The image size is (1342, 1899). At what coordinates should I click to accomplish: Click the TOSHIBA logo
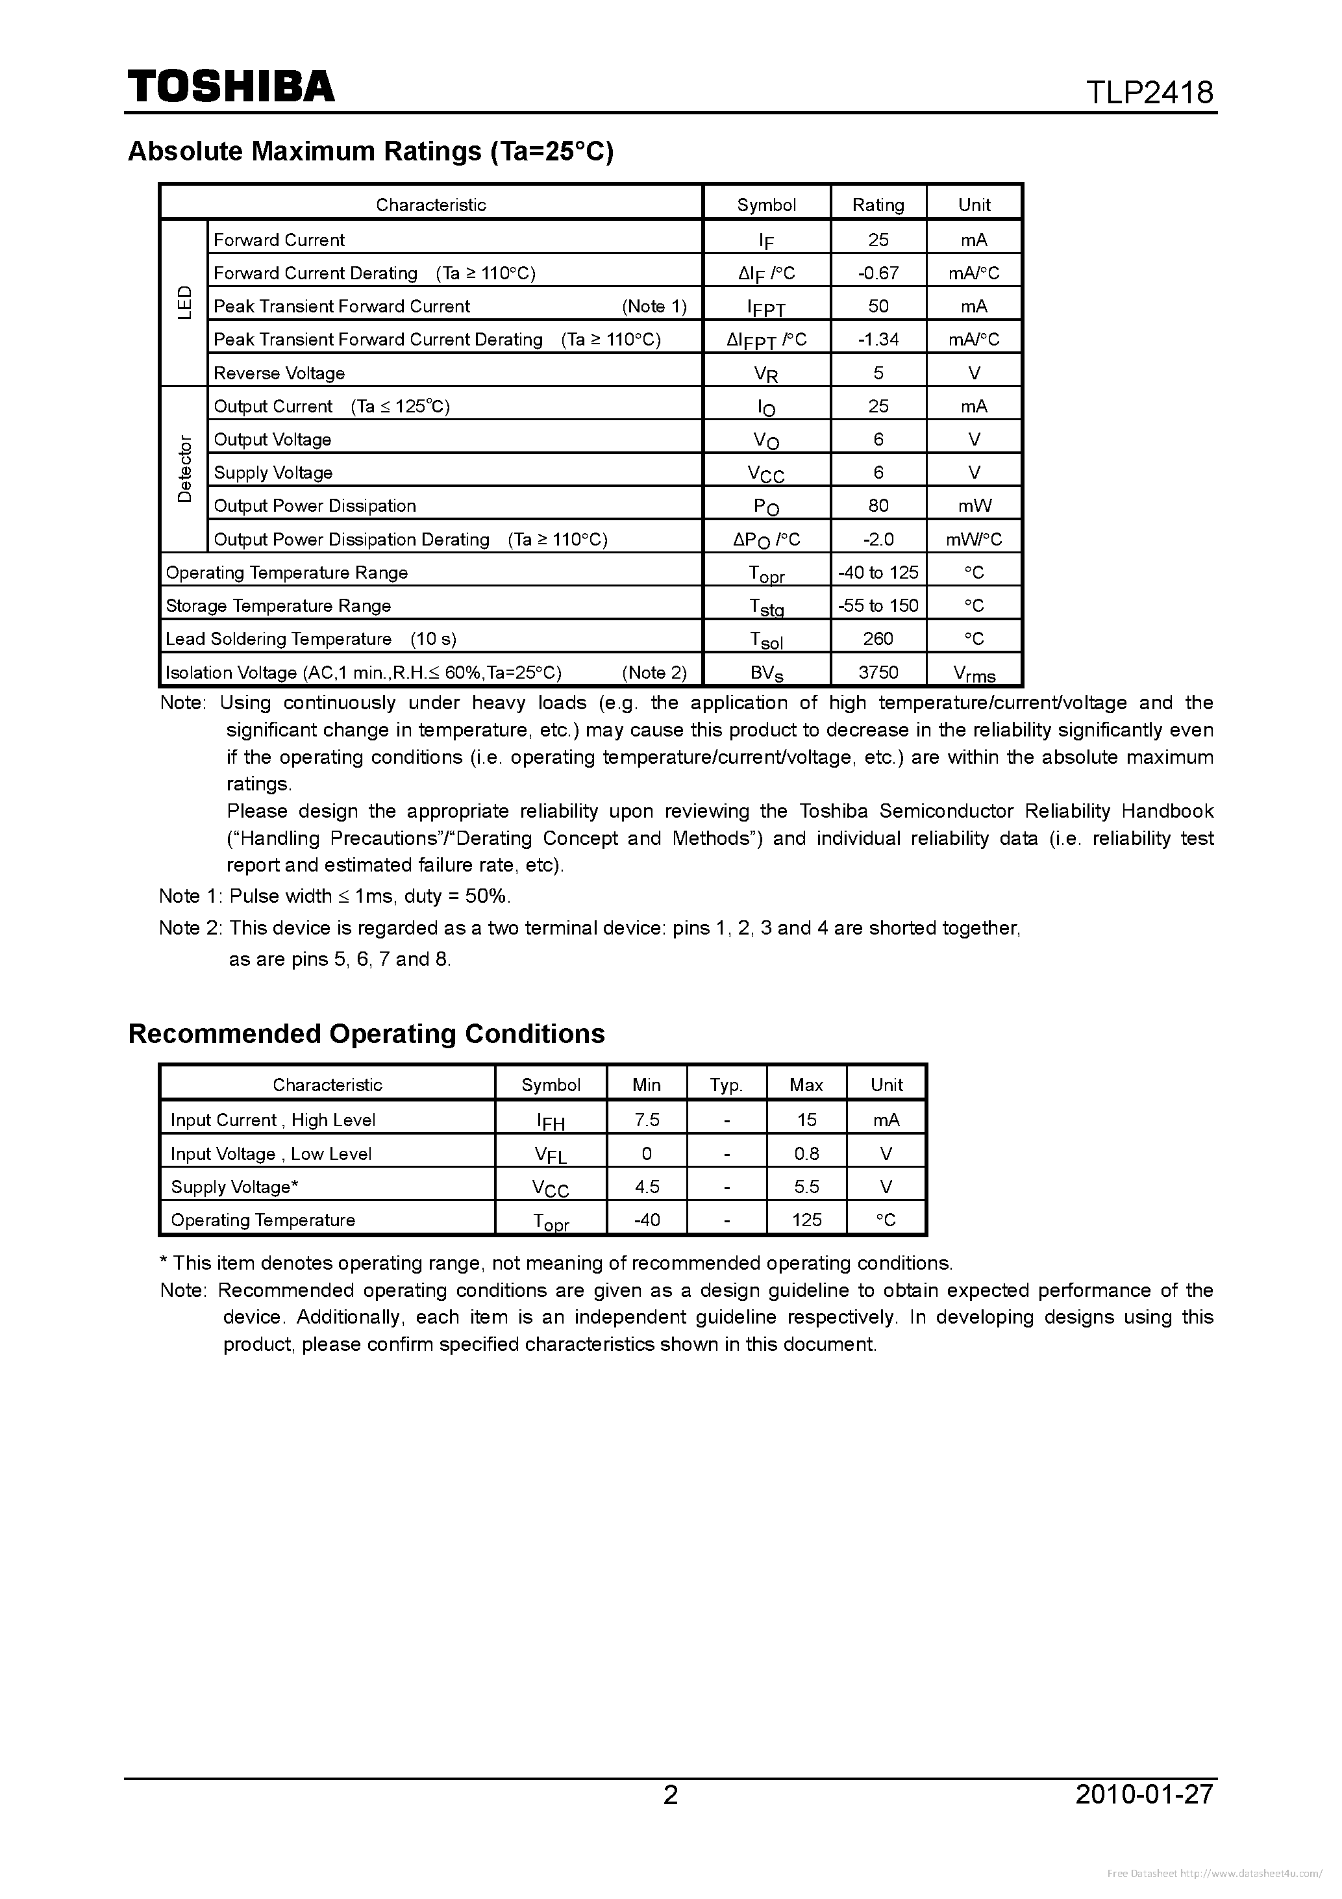click(230, 86)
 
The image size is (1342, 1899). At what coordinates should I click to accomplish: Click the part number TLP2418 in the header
click(1149, 92)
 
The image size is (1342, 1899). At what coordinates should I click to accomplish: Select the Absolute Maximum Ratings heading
click(371, 151)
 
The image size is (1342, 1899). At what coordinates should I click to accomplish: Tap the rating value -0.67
click(878, 273)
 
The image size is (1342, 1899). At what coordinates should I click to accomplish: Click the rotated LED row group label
click(184, 303)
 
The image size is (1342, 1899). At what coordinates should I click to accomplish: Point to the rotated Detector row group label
click(184, 469)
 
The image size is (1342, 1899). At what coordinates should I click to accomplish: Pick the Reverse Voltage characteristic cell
click(279, 373)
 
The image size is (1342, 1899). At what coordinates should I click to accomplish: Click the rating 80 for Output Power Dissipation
click(878, 505)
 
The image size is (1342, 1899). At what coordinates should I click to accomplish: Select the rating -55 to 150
click(878, 605)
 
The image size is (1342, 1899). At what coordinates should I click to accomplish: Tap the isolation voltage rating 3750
click(878, 672)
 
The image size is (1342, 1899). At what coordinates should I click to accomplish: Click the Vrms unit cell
click(974, 673)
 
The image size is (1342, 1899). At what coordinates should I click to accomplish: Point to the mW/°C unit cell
click(974, 539)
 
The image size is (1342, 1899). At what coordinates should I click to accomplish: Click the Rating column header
click(878, 205)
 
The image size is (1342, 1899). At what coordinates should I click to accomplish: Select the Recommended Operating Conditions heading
click(366, 1034)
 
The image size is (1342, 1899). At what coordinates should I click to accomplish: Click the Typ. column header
click(726, 1085)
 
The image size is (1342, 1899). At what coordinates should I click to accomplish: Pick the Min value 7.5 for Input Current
click(647, 1119)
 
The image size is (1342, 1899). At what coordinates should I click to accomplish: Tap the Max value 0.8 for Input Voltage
click(806, 1153)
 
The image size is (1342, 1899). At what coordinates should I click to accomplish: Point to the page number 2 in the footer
click(671, 1793)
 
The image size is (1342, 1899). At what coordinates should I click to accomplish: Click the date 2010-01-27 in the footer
click(1145, 1793)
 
